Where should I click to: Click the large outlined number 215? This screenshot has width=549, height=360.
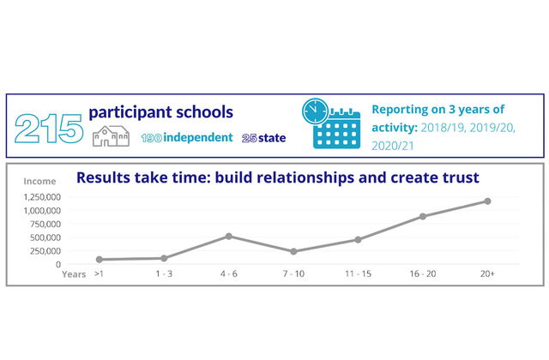49,129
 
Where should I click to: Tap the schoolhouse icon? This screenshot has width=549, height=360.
111,136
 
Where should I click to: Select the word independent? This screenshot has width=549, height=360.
198,137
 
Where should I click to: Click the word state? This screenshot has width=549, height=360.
272,138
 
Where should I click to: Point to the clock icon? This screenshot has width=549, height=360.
315,111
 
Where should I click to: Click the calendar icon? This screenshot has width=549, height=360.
337,129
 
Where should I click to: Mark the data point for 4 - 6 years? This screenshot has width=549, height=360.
229,237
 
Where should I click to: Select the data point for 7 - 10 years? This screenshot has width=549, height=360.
293,251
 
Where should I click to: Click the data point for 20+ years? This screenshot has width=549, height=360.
487,201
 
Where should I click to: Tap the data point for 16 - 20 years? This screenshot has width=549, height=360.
423,217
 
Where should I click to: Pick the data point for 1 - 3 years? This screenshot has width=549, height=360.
164,258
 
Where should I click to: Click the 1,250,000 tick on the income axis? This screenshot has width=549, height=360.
42,197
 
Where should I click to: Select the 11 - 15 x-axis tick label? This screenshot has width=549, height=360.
358,273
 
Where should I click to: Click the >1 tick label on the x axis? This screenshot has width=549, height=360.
100,273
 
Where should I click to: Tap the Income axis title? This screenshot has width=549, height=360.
39,181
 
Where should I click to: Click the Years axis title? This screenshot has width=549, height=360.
74,274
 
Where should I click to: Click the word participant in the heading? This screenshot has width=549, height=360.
130,112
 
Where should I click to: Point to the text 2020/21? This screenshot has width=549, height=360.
393,146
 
